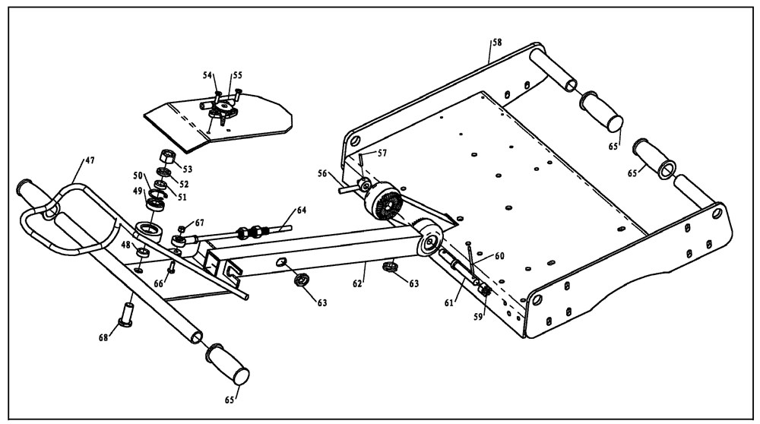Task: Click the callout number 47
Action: point(90,162)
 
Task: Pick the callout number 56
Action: point(323,173)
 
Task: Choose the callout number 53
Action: point(187,169)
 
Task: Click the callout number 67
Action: point(199,223)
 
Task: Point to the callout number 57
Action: point(382,153)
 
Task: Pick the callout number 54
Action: point(207,74)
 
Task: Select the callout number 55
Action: point(237,76)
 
